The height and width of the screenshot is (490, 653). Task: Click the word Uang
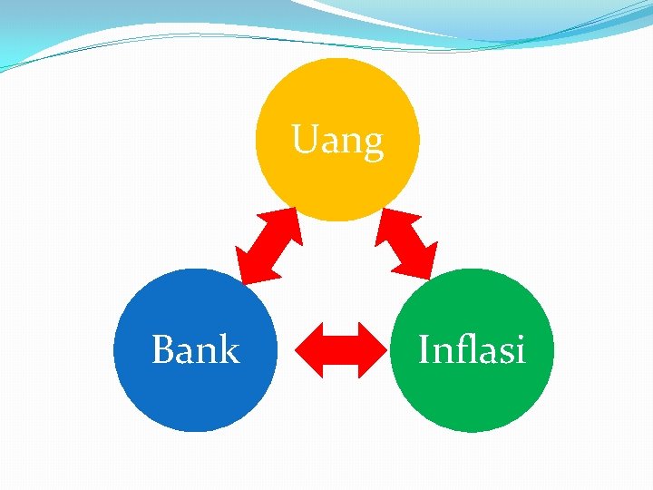tap(337, 142)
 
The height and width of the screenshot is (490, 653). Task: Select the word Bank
tap(195, 349)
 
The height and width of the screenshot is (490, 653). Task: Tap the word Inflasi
tap(472, 349)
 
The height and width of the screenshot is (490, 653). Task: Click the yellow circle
tap(337, 181)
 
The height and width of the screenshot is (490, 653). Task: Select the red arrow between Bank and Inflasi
tap(340, 349)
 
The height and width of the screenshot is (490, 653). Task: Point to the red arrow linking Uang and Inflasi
tap(406, 244)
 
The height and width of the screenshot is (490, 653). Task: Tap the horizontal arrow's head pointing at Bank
tap(309, 349)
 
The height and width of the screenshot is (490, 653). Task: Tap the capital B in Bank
tap(163, 349)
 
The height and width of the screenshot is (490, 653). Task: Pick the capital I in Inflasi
tap(424, 349)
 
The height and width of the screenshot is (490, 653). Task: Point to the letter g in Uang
tap(372, 145)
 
